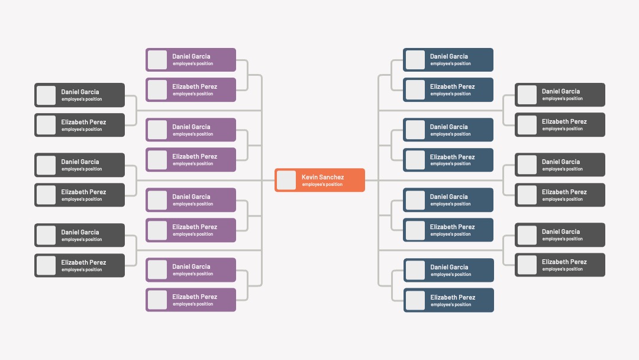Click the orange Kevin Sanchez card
[319, 180]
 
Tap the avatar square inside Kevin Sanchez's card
[286, 180]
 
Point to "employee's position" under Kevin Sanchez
[322, 185]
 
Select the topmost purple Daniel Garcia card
[191, 60]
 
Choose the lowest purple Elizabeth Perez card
[191, 300]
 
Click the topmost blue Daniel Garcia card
[448, 60]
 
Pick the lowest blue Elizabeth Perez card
[448, 300]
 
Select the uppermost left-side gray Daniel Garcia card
[79, 95]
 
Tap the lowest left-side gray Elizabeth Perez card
[79, 265]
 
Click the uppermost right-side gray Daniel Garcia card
[560, 95]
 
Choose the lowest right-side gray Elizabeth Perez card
[560, 265]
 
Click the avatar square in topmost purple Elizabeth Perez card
[157, 89]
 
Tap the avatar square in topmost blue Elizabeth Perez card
[415, 89]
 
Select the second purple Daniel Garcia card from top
[191, 130]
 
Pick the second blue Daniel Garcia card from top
[448, 130]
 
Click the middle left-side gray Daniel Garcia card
[79, 165]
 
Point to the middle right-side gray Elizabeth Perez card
[560, 195]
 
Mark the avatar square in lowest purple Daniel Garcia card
[157, 269]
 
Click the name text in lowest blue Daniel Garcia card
[449, 267]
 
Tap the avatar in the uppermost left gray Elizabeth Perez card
[46, 125]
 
